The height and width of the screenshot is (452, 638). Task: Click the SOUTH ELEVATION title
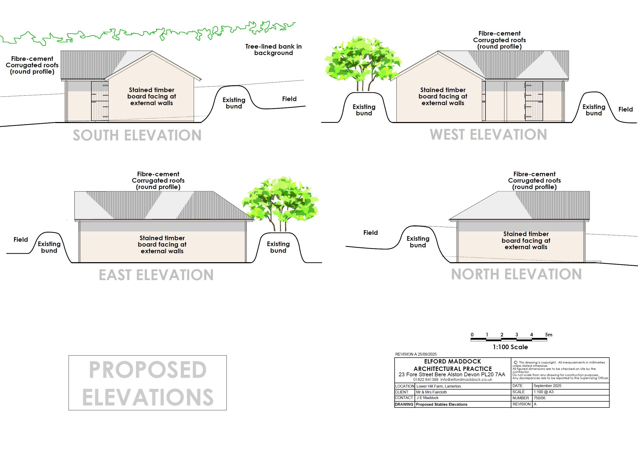(x=137, y=136)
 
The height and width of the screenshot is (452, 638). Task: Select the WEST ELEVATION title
(x=488, y=135)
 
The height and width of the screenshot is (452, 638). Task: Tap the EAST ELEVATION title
(x=156, y=275)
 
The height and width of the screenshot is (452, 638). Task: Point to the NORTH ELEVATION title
(x=516, y=274)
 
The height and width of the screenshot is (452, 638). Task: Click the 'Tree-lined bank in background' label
(x=274, y=50)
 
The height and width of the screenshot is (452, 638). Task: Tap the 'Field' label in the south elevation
(x=289, y=99)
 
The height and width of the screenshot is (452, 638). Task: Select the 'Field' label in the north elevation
(x=370, y=233)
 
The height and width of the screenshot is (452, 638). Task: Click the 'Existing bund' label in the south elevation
(x=234, y=103)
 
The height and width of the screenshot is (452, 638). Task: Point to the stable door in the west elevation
(x=534, y=101)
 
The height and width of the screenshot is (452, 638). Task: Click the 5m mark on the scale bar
(x=549, y=335)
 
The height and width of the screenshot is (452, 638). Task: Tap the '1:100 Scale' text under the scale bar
(x=510, y=347)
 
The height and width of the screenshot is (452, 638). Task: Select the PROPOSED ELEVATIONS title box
(x=148, y=383)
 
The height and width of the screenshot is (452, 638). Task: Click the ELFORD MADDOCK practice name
(x=452, y=361)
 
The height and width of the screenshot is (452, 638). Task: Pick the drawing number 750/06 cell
(x=539, y=398)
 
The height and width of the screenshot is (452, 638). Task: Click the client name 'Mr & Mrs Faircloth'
(x=431, y=392)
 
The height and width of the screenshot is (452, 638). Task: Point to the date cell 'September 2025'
(x=547, y=386)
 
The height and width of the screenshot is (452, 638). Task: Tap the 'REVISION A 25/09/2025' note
(x=416, y=354)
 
